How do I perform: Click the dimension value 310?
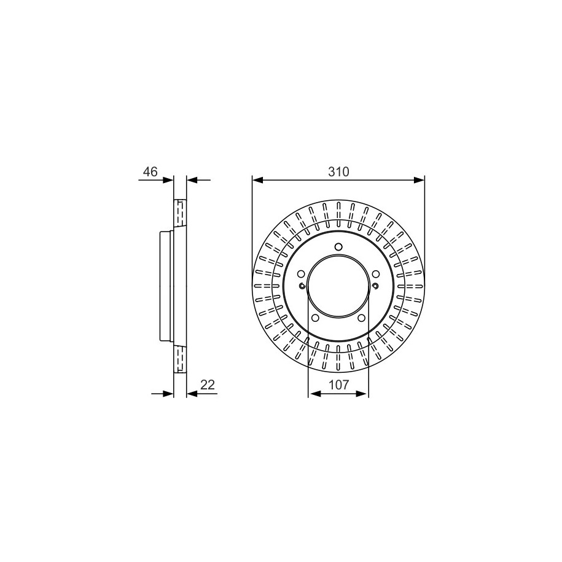tap(338, 172)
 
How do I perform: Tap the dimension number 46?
tap(150, 172)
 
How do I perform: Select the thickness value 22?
tap(208, 384)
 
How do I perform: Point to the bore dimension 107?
tap(338, 384)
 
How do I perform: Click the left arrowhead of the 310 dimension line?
tap(258, 180)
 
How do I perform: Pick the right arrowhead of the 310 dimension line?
tap(419, 180)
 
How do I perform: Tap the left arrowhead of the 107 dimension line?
tap(314, 394)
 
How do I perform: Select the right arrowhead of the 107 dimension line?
tap(363, 394)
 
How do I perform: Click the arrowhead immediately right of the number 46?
tap(168, 180)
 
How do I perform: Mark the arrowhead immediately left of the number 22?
tap(192, 394)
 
